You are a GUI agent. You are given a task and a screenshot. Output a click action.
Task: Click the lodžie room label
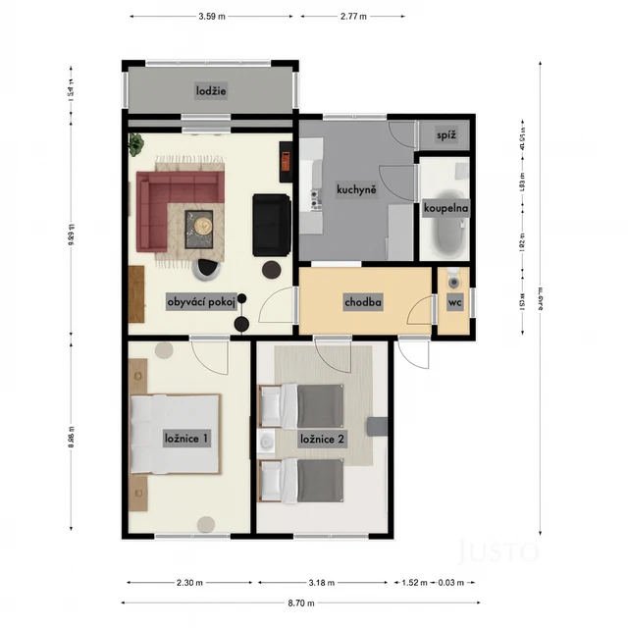[211, 91]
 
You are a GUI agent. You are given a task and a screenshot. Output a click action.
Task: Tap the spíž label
[445, 134]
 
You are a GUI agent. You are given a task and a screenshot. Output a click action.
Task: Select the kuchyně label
[352, 190]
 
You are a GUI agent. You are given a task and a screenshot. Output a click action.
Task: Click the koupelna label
[445, 208]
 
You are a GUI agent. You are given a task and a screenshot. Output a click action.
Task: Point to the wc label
[454, 303]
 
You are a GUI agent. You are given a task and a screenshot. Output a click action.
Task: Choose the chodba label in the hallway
[362, 303]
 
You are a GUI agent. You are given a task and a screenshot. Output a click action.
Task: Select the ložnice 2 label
[322, 439]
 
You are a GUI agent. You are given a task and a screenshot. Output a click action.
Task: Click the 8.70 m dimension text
[299, 602]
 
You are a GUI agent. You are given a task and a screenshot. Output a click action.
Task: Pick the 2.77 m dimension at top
[352, 17]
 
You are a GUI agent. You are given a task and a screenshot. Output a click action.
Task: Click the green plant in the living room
[134, 144]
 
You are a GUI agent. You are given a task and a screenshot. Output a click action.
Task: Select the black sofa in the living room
[272, 225]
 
